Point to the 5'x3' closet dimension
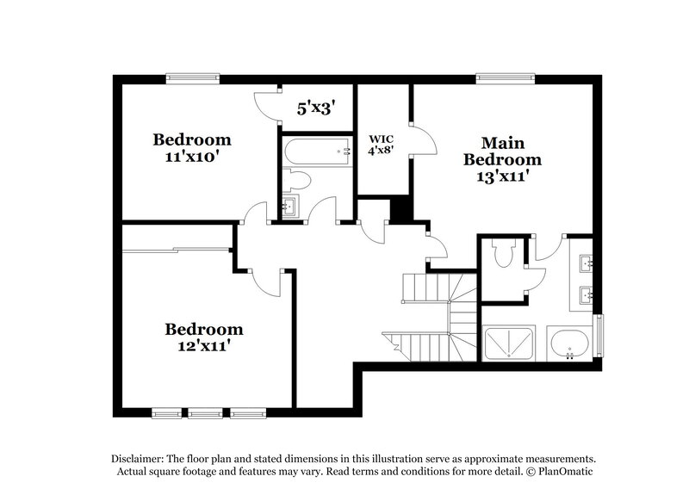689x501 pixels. pos(315,109)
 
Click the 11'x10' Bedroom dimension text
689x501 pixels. pos(192,158)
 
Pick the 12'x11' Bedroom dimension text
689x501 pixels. pos(204,347)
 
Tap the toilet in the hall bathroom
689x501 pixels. pos(297,180)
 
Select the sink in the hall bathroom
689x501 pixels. pos(289,207)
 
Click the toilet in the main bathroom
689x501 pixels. pos(503,254)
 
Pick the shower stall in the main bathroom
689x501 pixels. pos(508,343)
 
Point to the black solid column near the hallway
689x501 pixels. pos(400,210)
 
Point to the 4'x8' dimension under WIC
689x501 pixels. pos(382,152)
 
